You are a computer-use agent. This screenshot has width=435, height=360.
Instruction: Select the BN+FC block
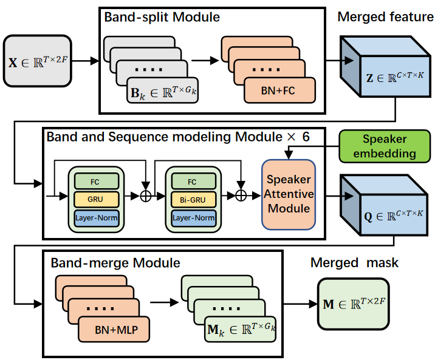279,91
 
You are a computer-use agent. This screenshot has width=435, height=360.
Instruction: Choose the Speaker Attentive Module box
289,195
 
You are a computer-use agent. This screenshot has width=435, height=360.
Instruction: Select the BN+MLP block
114,330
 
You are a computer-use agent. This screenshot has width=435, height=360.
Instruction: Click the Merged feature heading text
385,17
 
